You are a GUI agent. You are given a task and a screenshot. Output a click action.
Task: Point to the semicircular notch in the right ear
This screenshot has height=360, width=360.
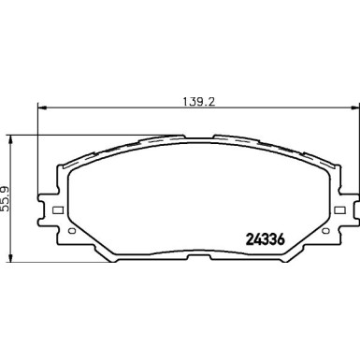pos(343,197)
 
